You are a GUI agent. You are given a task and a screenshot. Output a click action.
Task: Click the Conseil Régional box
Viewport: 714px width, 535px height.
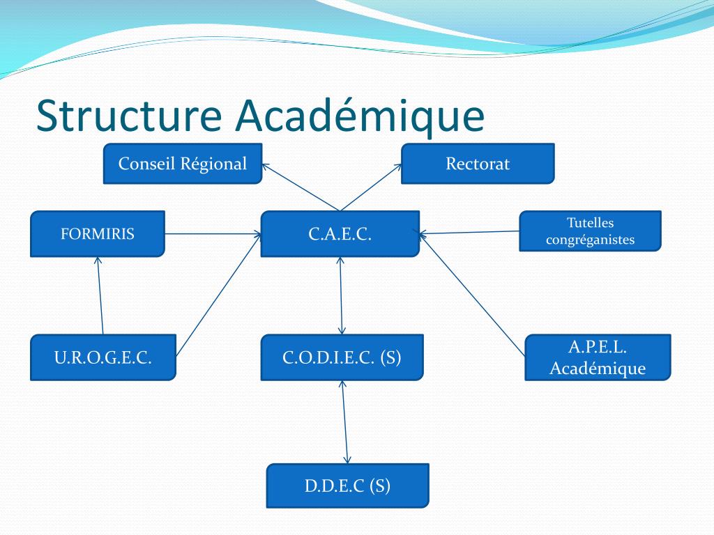(183, 164)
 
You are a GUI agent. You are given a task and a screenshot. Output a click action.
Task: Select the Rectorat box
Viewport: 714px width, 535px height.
(478, 164)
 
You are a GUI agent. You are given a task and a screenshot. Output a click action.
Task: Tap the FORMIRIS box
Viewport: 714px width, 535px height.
(98, 233)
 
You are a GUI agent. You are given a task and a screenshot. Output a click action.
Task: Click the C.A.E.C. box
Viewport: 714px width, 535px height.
(340, 233)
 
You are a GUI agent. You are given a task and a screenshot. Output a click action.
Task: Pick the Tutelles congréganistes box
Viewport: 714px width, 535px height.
(590, 231)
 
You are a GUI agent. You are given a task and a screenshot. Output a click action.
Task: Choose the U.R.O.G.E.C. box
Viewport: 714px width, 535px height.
(103, 357)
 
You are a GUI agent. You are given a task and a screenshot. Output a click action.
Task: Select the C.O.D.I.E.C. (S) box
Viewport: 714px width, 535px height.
(342, 357)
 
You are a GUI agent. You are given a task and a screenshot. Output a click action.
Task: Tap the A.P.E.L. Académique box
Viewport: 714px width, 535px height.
(598, 357)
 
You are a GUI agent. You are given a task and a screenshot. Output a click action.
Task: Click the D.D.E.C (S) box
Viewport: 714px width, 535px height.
(347, 486)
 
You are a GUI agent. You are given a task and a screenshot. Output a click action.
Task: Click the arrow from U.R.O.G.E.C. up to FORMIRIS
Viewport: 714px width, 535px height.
(100, 296)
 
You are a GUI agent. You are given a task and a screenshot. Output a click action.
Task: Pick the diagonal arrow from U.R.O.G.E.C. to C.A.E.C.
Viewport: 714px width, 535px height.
(218, 295)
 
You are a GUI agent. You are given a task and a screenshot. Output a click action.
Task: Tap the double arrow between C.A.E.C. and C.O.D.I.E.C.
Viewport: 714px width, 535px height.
(341, 295)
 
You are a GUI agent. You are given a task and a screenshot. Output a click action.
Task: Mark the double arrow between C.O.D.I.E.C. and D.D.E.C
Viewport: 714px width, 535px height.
(344, 421)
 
